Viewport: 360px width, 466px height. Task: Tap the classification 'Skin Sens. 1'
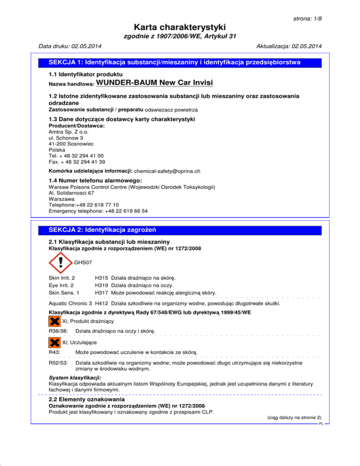point(64,293)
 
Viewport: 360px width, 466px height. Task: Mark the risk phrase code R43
point(54,351)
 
